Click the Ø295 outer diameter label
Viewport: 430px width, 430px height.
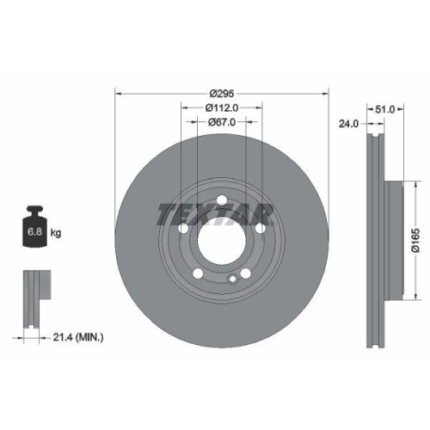(222, 93)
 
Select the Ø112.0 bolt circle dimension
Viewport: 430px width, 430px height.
(222, 107)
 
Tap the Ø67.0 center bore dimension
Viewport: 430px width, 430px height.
(222, 123)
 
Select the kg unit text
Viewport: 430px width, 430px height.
(56, 232)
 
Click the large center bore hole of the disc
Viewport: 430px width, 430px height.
(222, 242)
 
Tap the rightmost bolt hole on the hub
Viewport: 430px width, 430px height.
(259, 230)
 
